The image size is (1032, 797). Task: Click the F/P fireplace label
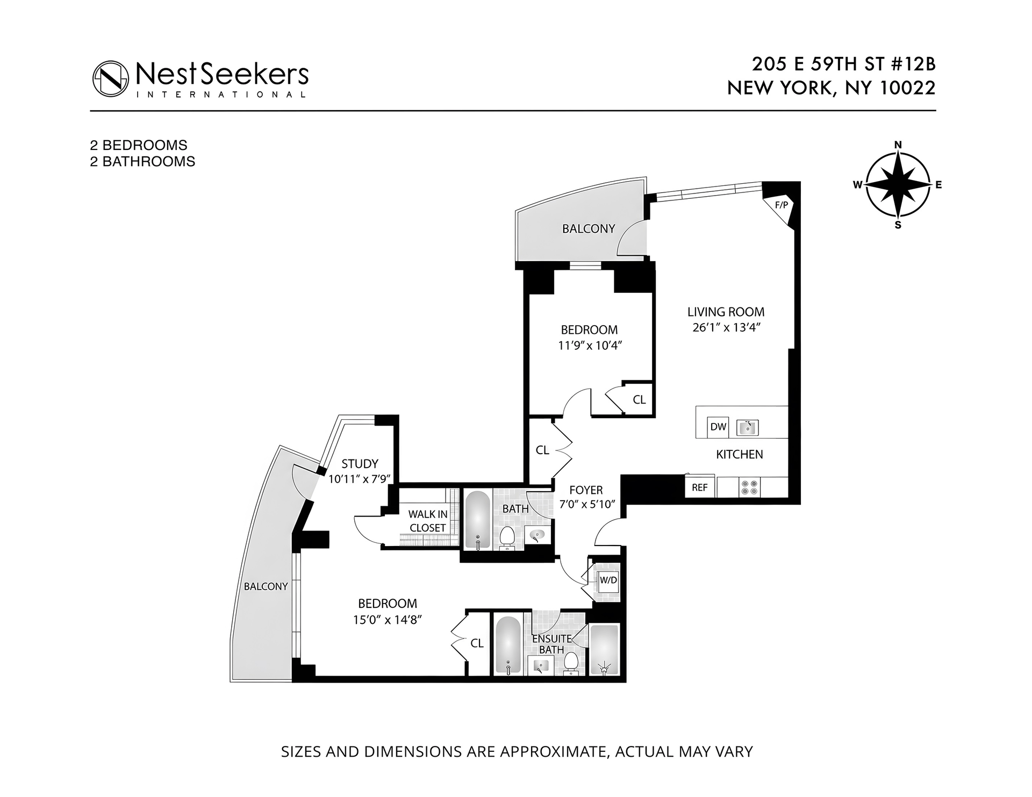click(780, 205)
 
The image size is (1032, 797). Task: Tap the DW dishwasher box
click(718, 427)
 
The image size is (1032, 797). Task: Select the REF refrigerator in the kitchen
click(700, 487)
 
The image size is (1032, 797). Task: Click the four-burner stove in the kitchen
click(749, 487)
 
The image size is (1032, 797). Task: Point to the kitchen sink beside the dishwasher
click(747, 427)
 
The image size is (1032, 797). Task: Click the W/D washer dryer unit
click(608, 580)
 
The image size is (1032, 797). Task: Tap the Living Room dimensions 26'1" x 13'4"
click(725, 327)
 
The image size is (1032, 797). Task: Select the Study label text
click(360, 463)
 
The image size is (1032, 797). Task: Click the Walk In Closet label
click(428, 521)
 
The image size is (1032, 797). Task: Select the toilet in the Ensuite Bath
click(571, 663)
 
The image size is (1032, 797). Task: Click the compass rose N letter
click(898, 145)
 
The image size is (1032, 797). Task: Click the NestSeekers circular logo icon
click(111, 79)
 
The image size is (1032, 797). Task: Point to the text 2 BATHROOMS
click(142, 161)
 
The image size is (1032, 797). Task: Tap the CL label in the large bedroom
click(477, 643)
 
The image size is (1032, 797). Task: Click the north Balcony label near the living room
click(589, 228)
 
